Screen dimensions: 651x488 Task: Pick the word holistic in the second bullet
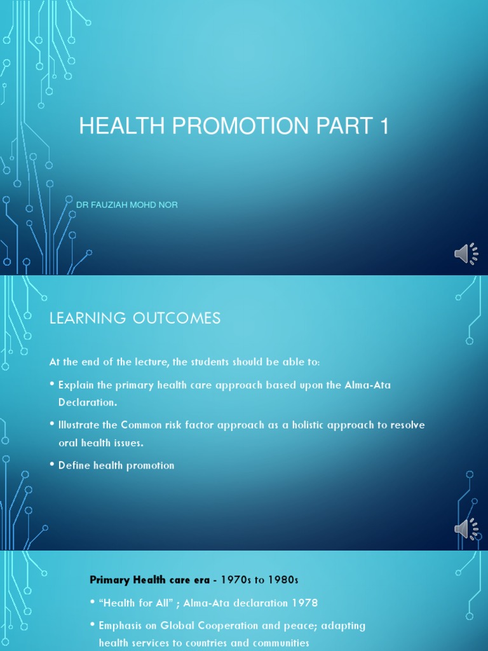click(302, 425)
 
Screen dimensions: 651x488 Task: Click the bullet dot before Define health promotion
click(51, 465)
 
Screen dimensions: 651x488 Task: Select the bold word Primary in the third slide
click(109, 579)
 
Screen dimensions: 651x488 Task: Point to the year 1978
click(305, 603)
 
